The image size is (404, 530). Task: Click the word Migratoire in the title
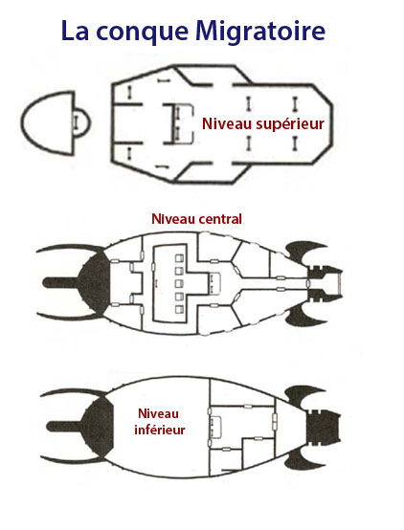coord(260,32)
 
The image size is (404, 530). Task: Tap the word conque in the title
coord(142,33)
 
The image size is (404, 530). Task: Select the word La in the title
coord(76,31)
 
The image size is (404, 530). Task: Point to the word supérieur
coord(290,124)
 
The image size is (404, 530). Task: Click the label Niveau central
coord(196,219)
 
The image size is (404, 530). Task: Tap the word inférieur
coord(160,430)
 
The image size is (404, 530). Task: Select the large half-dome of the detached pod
coord(47,123)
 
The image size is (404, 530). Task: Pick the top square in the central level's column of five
coord(179,258)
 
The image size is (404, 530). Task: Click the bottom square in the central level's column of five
coord(179,309)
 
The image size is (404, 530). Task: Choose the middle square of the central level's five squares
coord(179,284)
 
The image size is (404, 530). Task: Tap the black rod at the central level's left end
coord(62,283)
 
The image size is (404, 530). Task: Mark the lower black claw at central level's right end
coord(304,315)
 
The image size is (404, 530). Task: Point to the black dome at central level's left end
coord(95,282)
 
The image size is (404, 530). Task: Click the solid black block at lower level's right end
coord(324,426)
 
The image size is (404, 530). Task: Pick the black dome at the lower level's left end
coord(98,427)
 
